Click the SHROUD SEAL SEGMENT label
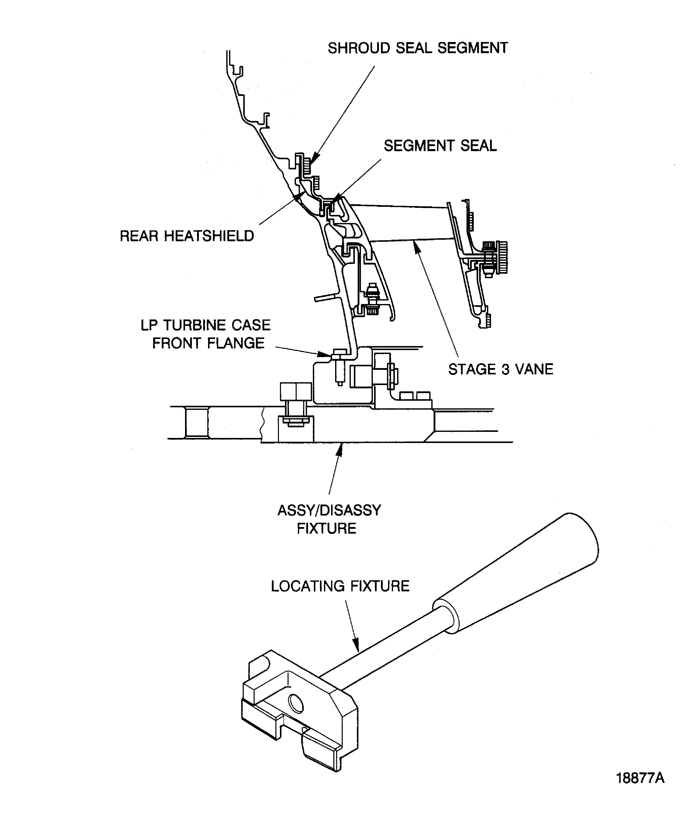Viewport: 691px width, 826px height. point(418,48)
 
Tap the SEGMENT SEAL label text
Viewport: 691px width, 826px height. point(440,146)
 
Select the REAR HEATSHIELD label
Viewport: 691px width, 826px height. point(187,236)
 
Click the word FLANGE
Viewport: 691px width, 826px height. point(236,343)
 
